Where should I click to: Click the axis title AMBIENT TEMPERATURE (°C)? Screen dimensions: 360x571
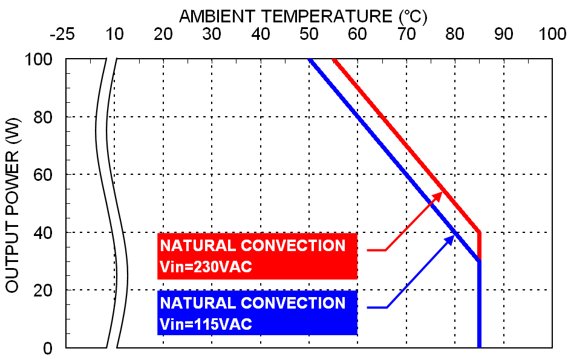click(x=303, y=16)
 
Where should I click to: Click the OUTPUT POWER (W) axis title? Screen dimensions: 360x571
click(x=13, y=204)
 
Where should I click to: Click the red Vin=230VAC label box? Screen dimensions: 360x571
click(x=257, y=256)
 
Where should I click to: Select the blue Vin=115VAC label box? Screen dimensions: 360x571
click(x=257, y=313)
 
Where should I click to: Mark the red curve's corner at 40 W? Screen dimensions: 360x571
click(x=479, y=232)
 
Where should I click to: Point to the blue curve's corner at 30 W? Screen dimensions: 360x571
click(x=479, y=261)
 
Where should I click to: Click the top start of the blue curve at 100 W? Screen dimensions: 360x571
click(x=310, y=60)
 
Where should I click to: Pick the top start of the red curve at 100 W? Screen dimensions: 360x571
click(x=333, y=60)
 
